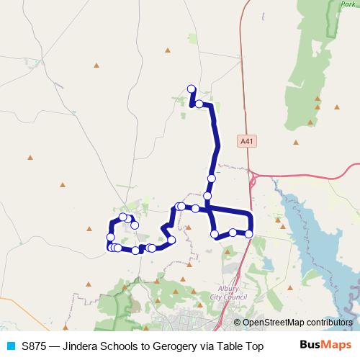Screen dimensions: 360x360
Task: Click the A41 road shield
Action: pos(247,142)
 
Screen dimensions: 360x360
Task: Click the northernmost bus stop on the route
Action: pos(192,89)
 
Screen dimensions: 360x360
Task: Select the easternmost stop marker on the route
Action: pos(249,233)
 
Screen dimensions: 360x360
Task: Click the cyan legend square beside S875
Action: pos(10,344)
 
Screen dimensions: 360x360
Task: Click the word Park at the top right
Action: pos(348,4)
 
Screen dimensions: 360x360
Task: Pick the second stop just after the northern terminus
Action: pos(199,104)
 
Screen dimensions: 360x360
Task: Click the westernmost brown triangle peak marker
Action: pos(30,157)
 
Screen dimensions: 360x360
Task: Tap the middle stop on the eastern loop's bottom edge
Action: pos(233,232)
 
